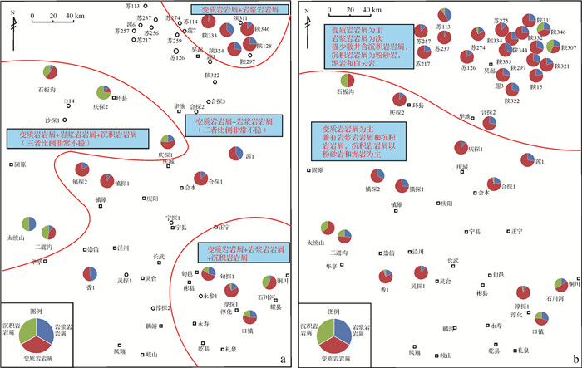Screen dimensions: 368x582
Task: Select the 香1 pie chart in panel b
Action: pos(384,275)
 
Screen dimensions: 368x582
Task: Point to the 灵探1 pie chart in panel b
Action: pos(421,272)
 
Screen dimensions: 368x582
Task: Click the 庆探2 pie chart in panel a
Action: pos(103,92)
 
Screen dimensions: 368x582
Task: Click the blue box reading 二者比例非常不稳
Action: pos(237,125)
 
